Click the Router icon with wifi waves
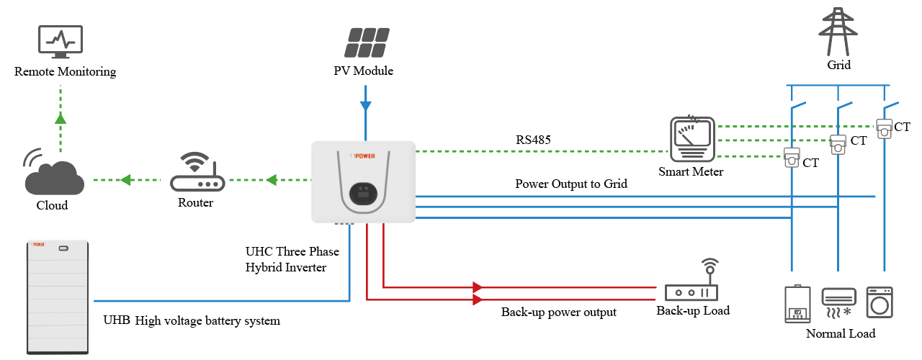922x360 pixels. [x=197, y=173]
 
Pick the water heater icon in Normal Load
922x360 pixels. [x=797, y=305]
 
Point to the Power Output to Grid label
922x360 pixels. [x=571, y=184]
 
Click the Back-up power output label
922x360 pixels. [x=559, y=312]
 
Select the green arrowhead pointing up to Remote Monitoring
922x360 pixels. [x=61, y=118]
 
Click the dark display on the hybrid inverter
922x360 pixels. [x=364, y=192]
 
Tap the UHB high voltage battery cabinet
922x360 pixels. [x=58, y=295]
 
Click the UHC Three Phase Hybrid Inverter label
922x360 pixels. [x=292, y=259]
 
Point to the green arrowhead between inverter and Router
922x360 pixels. [x=272, y=180]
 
